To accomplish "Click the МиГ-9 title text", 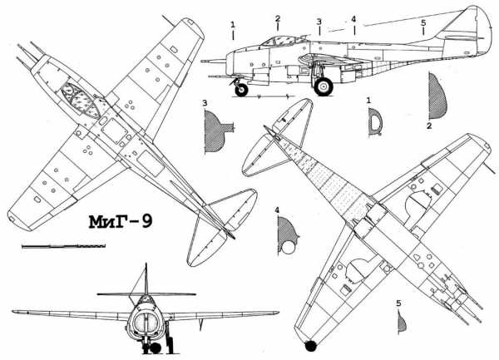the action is point(121,222).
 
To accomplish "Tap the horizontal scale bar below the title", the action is point(64,246).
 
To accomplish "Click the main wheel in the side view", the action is point(324,86).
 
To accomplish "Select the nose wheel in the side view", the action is point(241,89).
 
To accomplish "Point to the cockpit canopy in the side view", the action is point(283,41).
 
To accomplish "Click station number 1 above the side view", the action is point(233,24).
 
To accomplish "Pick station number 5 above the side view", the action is point(423,22).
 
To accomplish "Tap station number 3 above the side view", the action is point(319,22).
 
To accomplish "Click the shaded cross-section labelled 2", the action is point(437,96).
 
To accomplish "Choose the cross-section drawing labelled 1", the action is point(376,122).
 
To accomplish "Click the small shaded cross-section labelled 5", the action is point(402,322).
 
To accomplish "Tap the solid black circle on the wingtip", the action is point(311,346).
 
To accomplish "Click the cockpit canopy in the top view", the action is point(81,100).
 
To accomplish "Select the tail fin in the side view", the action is point(467,30).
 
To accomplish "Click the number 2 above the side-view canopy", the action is point(278,19).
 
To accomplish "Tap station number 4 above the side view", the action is point(353,20).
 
